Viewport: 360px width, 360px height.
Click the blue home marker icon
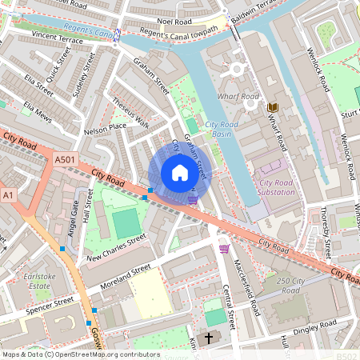179,173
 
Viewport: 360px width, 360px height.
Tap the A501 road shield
66,161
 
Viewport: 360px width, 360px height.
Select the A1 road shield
9,195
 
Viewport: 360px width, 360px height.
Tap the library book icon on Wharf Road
272,106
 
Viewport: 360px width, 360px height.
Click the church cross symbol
209,338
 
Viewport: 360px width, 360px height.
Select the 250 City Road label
294,286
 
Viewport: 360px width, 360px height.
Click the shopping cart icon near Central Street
224,249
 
